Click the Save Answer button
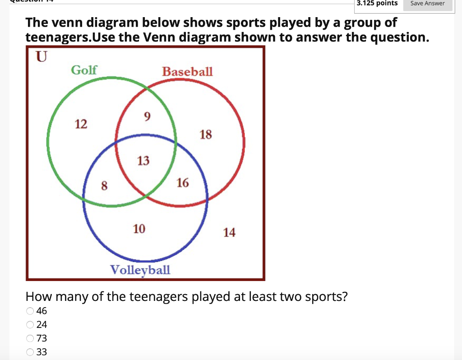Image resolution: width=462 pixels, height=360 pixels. click(x=428, y=4)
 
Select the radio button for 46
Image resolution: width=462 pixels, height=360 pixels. click(x=30, y=310)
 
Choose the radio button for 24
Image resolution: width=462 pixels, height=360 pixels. click(x=30, y=324)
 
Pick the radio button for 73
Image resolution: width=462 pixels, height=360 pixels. click(x=30, y=338)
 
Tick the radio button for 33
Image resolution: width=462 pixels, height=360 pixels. click(x=30, y=352)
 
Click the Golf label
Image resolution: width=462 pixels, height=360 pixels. click(x=84, y=70)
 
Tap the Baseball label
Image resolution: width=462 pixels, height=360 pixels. click(x=187, y=72)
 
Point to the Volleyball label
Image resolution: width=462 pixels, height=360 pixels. click(x=140, y=270)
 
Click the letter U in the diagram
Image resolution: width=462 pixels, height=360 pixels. click(x=41, y=57)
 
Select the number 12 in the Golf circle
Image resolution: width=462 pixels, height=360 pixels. click(x=81, y=124)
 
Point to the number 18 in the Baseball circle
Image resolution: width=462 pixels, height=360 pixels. click(x=205, y=134)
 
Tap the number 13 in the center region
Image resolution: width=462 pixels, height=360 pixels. click(x=143, y=161)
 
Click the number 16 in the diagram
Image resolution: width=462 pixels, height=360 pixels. click(x=183, y=183)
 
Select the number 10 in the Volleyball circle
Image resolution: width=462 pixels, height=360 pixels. click(x=139, y=229)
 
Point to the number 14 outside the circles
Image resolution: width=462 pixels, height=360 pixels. click(x=229, y=233)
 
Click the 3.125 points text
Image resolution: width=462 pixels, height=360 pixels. click(x=377, y=4)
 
